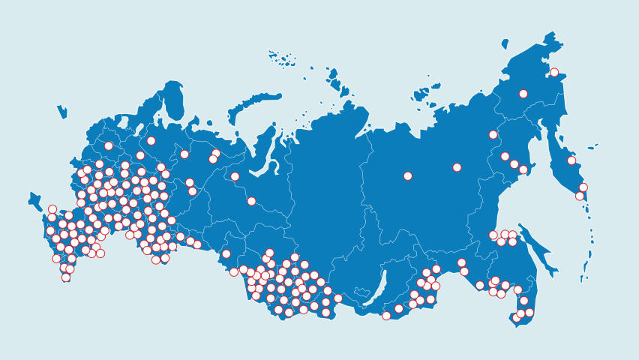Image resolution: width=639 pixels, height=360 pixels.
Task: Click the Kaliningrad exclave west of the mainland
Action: coord(61,112)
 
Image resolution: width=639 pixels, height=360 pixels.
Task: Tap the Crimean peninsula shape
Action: coord(34,201)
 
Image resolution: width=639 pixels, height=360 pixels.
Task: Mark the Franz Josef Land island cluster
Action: coord(283,58)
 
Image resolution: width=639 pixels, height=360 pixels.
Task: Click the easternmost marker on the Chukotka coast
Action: coord(554,73)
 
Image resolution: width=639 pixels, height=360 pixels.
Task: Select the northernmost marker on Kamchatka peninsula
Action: coord(571,160)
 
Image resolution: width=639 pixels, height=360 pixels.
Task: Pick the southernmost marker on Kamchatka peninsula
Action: coord(580,196)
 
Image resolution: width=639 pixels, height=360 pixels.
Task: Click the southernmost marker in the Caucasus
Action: coord(66,277)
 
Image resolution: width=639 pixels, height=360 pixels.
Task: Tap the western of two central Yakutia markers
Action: coord(408,176)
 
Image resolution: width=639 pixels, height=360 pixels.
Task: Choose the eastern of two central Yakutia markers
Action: coord(457,167)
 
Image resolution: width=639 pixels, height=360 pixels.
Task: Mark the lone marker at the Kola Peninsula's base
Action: coord(151,141)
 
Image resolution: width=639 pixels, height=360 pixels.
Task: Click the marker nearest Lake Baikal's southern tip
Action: coord(386,316)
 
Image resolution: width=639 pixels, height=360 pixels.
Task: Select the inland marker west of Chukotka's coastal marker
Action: coord(523,94)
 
